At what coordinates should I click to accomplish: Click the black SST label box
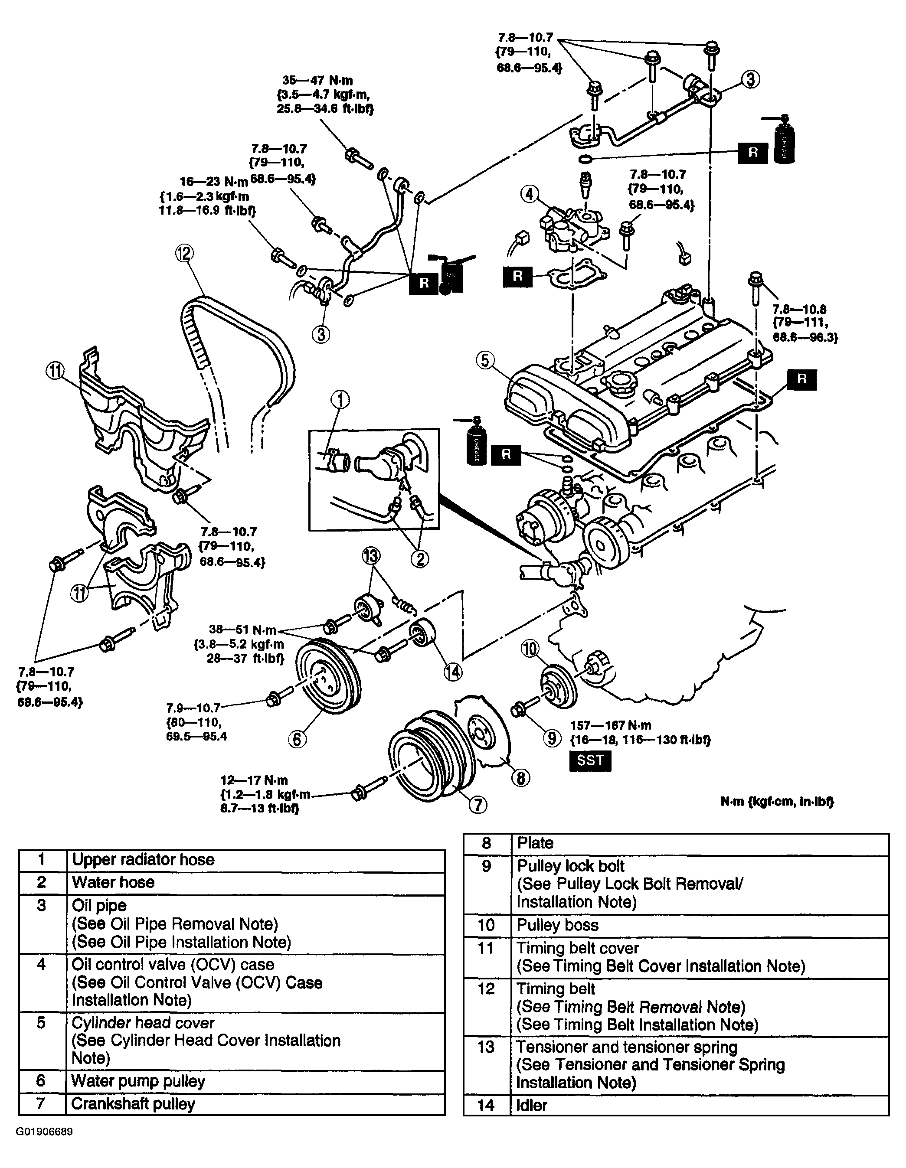[590, 760]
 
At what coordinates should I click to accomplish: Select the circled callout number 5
[484, 360]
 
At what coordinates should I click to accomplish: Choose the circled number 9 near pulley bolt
[552, 738]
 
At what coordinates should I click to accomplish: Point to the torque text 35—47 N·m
[318, 81]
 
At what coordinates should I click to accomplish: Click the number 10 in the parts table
[486, 925]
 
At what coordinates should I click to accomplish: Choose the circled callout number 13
[371, 556]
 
